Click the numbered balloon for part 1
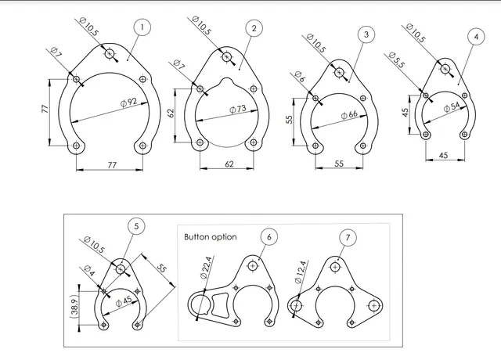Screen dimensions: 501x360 [x=142, y=27]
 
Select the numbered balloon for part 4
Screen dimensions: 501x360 [x=476, y=37]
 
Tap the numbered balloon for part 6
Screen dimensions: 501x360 [x=269, y=236]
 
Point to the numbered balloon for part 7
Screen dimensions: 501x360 [x=348, y=237]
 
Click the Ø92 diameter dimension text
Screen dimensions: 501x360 [x=129, y=103]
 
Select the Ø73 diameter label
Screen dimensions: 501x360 [x=238, y=110]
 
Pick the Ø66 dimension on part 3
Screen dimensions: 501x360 [x=349, y=115]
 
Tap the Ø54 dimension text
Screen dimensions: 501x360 [x=452, y=107]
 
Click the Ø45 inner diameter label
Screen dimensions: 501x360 [x=124, y=301]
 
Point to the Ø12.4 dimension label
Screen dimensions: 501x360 [x=301, y=272]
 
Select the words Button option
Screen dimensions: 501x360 [x=211, y=237]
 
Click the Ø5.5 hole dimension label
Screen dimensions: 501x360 [x=397, y=60]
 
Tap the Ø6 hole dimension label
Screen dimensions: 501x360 [x=299, y=77]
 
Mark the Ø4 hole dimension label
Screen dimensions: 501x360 [x=89, y=271]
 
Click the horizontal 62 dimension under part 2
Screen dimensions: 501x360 [x=229, y=164]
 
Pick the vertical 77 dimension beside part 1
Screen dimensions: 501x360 [x=45, y=109]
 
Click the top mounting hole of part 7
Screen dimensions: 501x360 [x=335, y=267]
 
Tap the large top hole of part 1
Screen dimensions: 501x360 [x=110, y=54]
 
